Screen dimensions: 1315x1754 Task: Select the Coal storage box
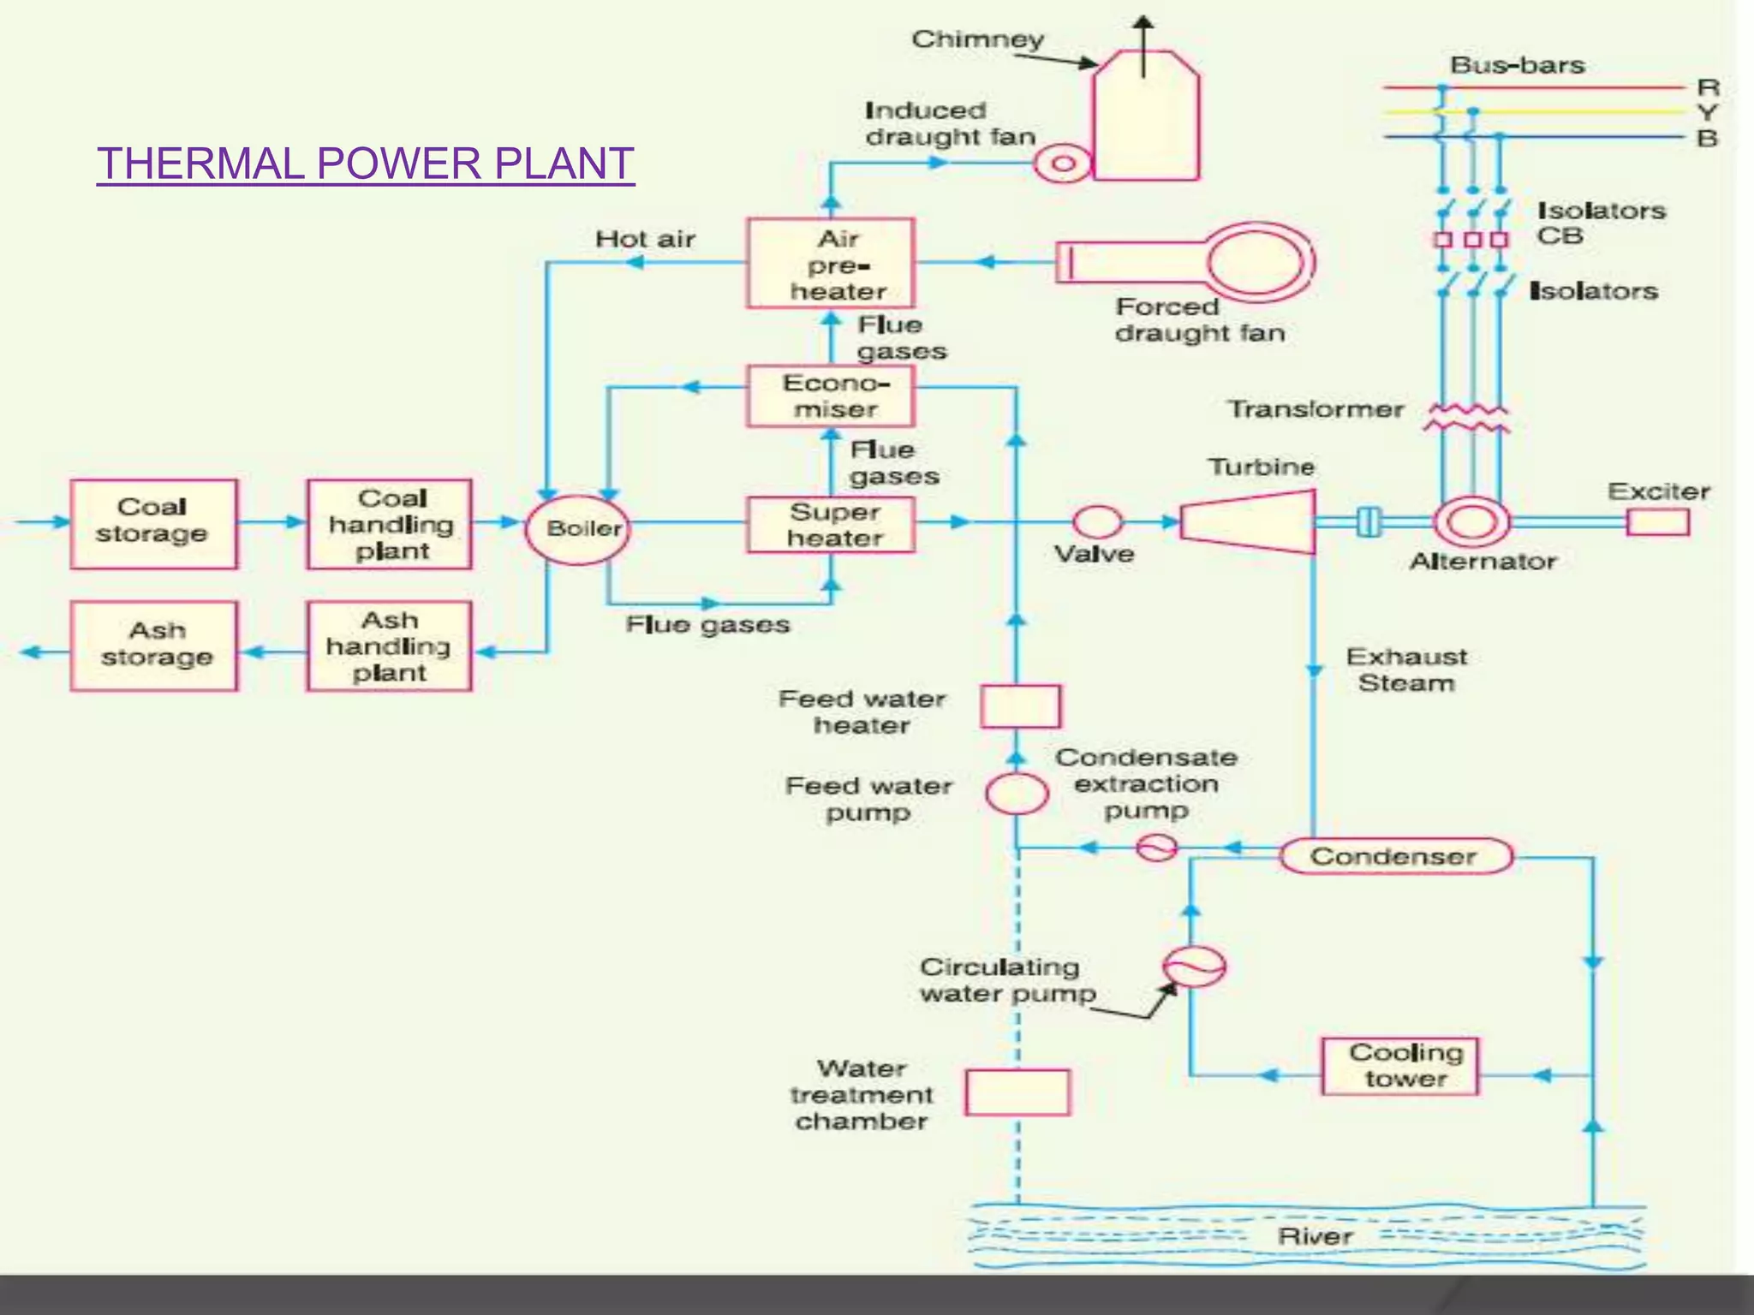153,523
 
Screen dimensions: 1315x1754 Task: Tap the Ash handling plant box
389,646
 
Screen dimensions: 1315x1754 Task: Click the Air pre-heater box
831,263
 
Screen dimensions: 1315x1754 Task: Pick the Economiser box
831,396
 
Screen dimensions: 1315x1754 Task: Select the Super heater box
831,524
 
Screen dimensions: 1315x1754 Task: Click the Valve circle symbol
1098,521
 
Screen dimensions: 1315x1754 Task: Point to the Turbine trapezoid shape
1249,521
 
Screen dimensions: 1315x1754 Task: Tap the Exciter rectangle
1658,521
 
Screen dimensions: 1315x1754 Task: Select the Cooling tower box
1401,1065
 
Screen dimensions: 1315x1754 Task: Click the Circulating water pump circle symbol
1194,967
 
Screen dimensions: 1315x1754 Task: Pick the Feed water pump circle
1017,793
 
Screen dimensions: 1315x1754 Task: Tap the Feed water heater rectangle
1020,705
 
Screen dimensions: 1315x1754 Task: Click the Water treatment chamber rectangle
1017,1092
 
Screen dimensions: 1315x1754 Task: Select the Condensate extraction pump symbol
1156,848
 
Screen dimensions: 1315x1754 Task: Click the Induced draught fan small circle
1063,163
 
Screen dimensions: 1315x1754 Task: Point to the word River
1315,1236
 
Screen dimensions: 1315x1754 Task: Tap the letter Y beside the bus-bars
1707,112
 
